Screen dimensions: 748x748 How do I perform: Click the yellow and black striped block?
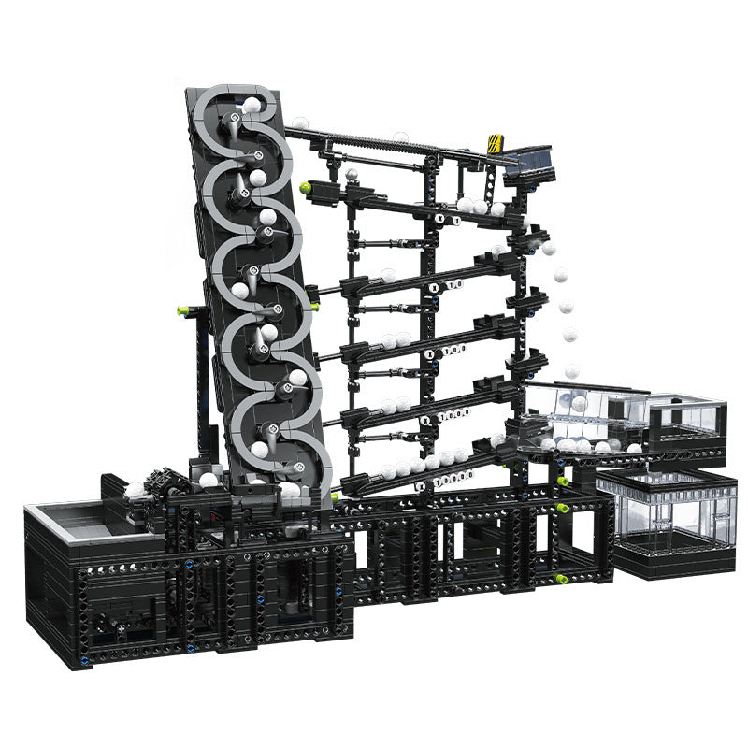point(495,142)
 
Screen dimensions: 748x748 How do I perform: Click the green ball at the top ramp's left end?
point(306,188)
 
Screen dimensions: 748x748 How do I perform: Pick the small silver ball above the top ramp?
point(352,174)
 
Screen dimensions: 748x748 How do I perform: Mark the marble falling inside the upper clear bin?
point(580,403)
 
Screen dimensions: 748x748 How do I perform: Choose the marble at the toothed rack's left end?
point(299,122)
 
